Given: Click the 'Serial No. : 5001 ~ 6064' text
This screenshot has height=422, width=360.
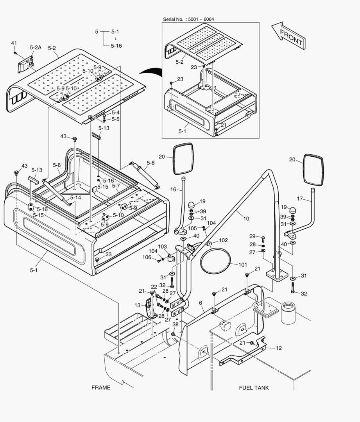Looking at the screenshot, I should pos(188,19).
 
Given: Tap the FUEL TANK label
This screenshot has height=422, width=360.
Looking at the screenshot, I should pos(254,388).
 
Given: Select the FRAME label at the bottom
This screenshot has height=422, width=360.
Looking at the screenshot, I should pos(101,388).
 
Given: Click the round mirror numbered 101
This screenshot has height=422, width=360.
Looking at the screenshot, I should pos(215,262).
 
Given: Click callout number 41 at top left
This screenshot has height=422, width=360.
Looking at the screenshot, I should pos(14,43).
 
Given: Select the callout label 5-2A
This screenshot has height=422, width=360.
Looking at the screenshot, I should pos(35,48).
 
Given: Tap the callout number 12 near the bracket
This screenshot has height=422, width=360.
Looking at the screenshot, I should pos(279,348).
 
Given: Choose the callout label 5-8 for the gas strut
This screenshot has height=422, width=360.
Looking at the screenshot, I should pos(150,163).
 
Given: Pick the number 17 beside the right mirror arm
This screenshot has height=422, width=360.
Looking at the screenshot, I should pos(300,198).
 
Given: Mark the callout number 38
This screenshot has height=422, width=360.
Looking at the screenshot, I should pos(175,325).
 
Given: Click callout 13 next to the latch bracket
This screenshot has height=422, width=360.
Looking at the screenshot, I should pos(138,305).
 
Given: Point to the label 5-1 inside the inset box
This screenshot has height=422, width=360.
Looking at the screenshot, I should pos(183,132).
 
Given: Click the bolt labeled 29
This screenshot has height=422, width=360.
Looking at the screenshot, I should pos(263,238).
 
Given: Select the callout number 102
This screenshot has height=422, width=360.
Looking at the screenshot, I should pos(223,240).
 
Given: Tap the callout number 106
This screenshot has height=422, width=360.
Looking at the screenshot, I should pos(147,257).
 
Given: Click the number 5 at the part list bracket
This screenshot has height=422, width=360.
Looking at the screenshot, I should pos(97,31).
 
